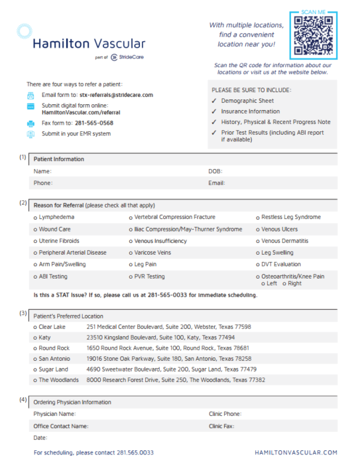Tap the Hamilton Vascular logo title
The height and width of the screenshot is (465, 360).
(89, 44)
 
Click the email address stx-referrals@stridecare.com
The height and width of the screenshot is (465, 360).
(116, 95)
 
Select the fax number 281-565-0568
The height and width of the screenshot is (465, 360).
(93, 123)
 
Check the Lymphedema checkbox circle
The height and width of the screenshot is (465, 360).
(35, 217)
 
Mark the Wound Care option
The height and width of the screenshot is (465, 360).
(35, 229)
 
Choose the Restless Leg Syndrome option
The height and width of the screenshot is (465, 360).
(258, 217)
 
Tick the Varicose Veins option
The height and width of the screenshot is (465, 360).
(131, 253)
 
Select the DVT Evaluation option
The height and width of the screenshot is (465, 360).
(258, 265)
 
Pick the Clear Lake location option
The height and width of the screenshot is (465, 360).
(35, 327)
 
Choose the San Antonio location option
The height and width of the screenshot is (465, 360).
(35, 359)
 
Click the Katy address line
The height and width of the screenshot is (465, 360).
(160, 338)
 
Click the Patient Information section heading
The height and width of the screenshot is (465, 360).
(59, 159)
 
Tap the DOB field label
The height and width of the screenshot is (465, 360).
(215, 171)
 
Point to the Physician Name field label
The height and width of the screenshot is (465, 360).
(54, 414)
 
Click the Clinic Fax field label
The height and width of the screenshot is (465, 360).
(221, 426)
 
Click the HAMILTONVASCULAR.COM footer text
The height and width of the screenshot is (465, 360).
(296, 452)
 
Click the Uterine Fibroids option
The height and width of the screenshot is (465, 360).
(35, 241)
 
